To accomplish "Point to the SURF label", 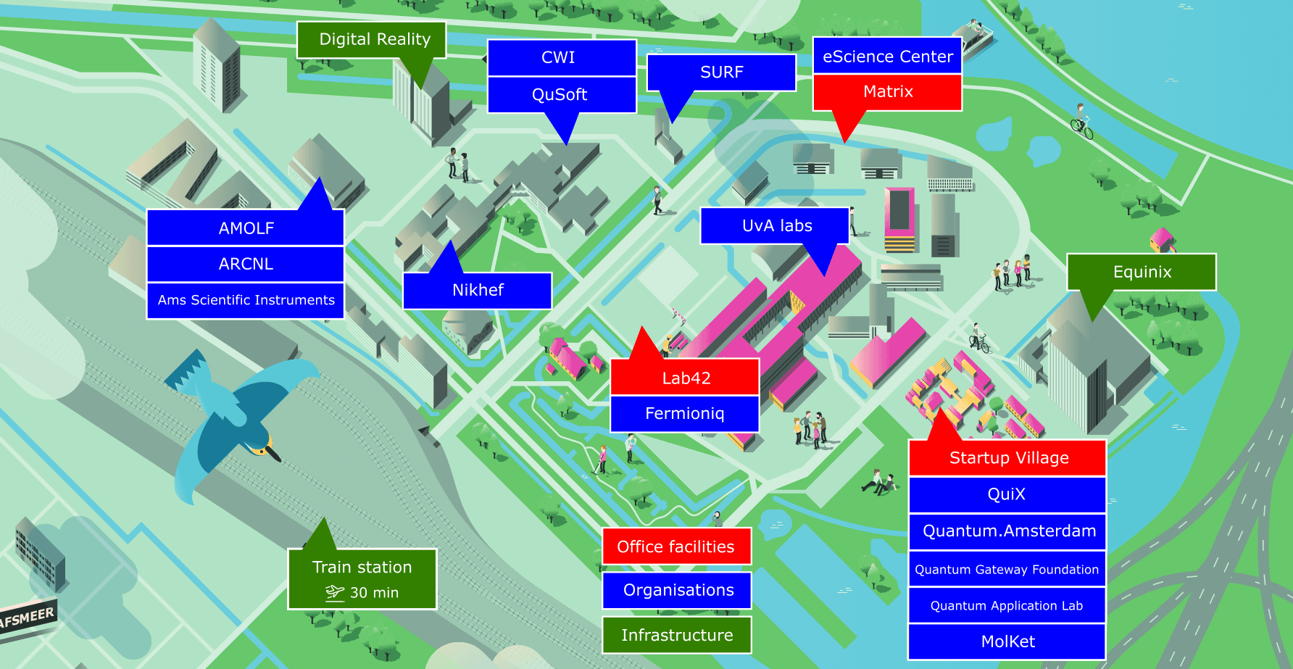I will pyautogui.click(x=721, y=72).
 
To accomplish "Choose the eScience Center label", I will pyautogui.click(x=887, y=57).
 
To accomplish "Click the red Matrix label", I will pyautogui.click(x=887, y=92).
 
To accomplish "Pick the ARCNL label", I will pyautogui.click(x=246, y=264).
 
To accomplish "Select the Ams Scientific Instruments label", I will pyautogui.click(x=246, y=300).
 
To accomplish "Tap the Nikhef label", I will pyautogui.click(x=478, y=291).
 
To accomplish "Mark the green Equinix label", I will pyautogui.click(x=1142, y=273).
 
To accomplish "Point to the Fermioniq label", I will pyautogui.click(x=684, y=414).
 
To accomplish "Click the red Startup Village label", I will pyautogui.click(x=1007, y=458).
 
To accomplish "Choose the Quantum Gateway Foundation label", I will pyautogui.click(x=1007, y=570).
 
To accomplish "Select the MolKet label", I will pyautogui.click(x=1007, y=641).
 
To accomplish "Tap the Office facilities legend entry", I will pyautogui.click(x=676, y=547).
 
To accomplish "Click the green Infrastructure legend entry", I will pyautogui.click(x=676, y=636).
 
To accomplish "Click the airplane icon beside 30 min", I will pyautogui.click(x=334, y=593).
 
